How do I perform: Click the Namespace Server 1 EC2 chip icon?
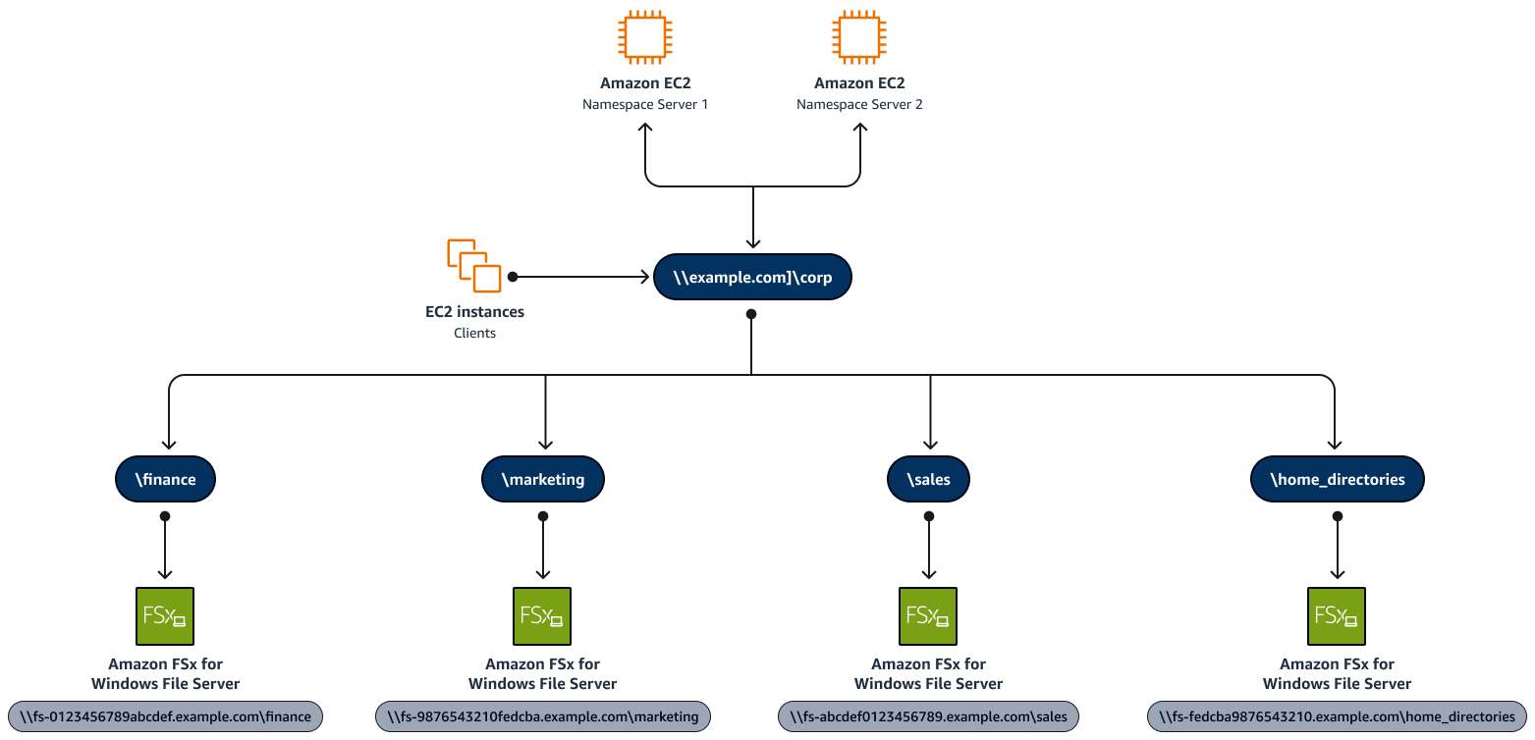tap(645, 37)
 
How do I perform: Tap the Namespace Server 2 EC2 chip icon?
tap(859, 37)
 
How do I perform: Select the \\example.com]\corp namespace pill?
tap(751, 278)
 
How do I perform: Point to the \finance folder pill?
tap(165, 479)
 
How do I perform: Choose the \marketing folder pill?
tap(543, 479)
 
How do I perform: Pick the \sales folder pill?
tap(928, 479)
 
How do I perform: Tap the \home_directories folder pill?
tap(1337, 479)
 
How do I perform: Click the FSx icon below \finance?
tap(164, 615)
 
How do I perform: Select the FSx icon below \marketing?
tap(543, 615)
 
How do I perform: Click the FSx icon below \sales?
tap(928, 615)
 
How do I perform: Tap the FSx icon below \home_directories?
tap(1337, 615)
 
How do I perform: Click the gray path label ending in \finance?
tap(165, 716)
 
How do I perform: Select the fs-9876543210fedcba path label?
tap(543, 716)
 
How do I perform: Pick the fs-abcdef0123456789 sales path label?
tap(928, 716)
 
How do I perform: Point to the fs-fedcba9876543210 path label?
tap(1337, 716)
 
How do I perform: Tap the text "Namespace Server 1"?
tap(645, 104)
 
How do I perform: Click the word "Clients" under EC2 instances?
tap(474, 333)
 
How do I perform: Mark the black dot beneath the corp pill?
tap(751, 314)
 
